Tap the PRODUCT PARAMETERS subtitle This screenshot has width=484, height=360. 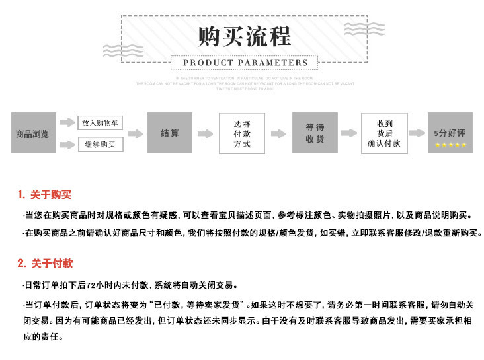245,63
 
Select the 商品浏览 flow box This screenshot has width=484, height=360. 33,133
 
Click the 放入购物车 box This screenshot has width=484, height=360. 101,123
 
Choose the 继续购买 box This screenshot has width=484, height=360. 101,144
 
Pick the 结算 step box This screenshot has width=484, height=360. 170,133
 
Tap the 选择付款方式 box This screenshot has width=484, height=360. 242,133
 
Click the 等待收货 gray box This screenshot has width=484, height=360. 315,133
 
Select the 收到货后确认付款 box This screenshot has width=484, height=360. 384,133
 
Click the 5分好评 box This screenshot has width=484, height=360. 450,133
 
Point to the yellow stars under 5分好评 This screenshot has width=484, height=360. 450,145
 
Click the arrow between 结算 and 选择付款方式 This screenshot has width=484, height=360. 206,133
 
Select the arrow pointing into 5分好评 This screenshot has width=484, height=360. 417,133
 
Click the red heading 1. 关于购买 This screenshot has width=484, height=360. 44,195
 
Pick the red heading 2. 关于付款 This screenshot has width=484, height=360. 45,264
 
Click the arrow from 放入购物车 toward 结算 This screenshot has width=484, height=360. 135,133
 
